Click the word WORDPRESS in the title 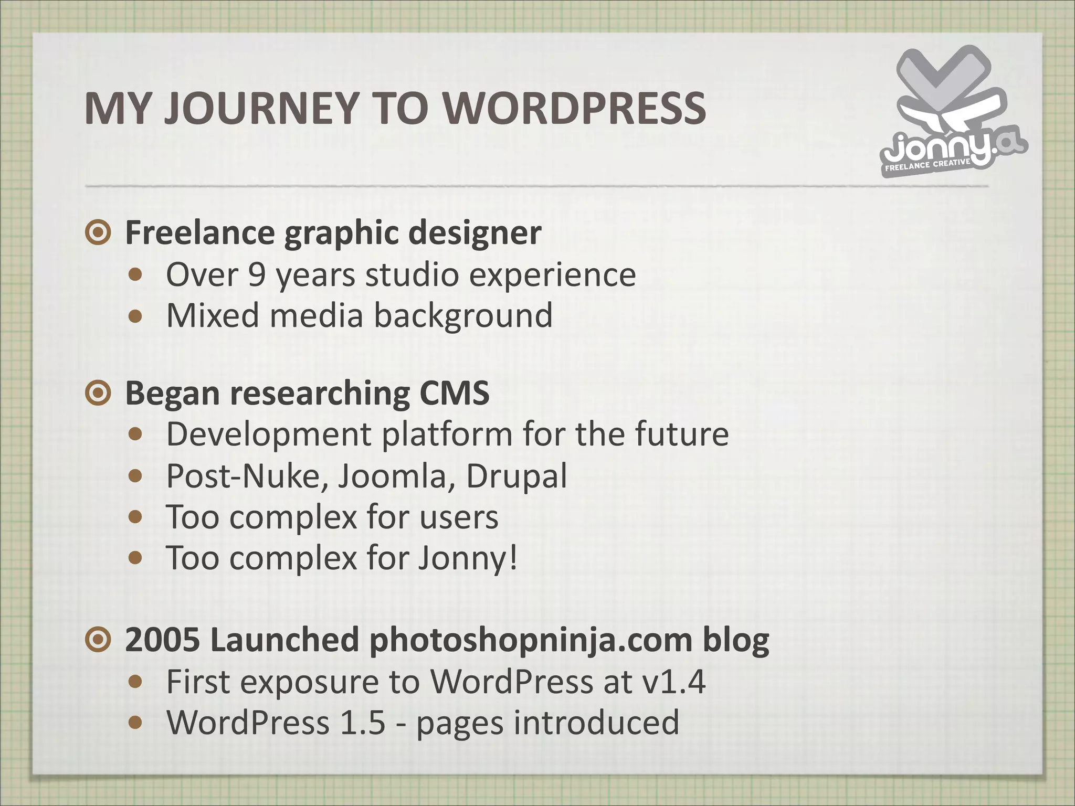[x=575, y=109]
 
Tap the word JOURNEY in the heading [x=261, y=109]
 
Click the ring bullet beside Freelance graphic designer [x=98, y=232]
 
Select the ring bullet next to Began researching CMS [x=98, y=393]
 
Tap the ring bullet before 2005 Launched [x=98, y=640]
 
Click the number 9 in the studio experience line [x=257, y=274]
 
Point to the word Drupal [x=517, y=476]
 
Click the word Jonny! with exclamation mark [x=468, y=558]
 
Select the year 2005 [x=163, y=640]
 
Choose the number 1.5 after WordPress [x=363, y=723]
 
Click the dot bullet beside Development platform [x=136, y=434]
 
